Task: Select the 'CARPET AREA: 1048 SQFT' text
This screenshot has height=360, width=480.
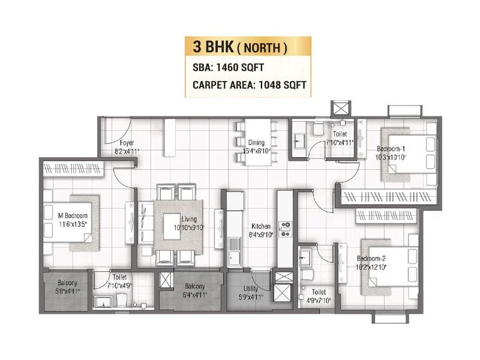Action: click(x=250, y=85)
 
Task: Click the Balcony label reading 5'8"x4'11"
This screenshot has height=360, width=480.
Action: click(x=66, y=286)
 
